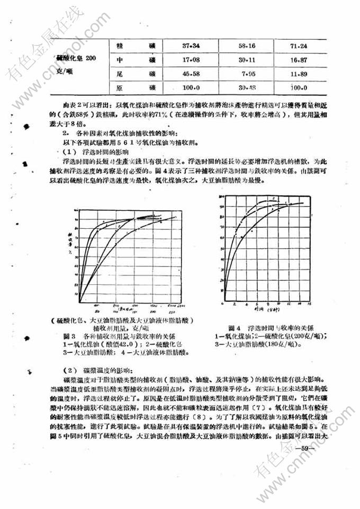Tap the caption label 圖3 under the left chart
(x=70, y=336)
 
